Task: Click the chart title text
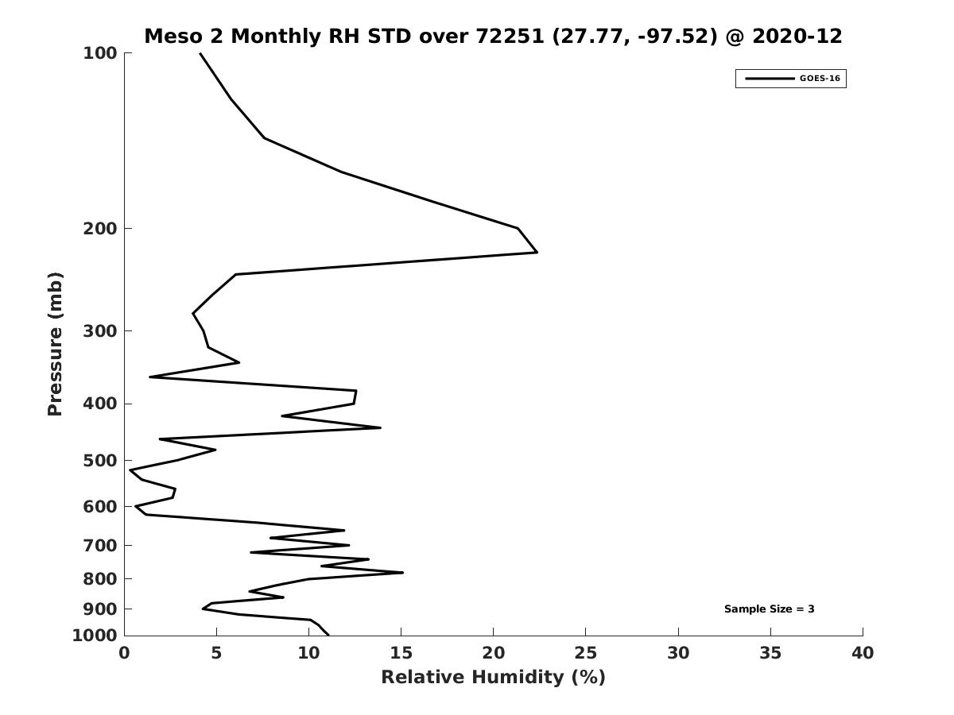coord(493,37)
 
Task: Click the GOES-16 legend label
coord(820,79)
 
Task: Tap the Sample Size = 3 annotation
coord(769,609)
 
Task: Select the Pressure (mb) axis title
coord(55,343)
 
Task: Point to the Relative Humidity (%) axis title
coord(493,677)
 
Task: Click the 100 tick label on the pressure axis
coord(100,53)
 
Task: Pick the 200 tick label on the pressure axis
coord(100,229)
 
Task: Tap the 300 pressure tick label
coord(100,331)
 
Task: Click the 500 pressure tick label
coord(100,461)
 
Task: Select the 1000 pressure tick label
coord(95,636)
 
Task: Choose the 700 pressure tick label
coord(100,546)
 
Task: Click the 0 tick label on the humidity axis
coord(124,653)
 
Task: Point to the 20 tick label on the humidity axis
coord(493,653)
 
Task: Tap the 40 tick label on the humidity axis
coord(863,653)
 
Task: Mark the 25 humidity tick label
coord(586,653)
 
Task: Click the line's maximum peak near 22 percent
coord(537,252)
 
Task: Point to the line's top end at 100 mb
coord(200,53)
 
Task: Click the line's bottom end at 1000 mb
coord(328,635)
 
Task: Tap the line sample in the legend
coord(769,79)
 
